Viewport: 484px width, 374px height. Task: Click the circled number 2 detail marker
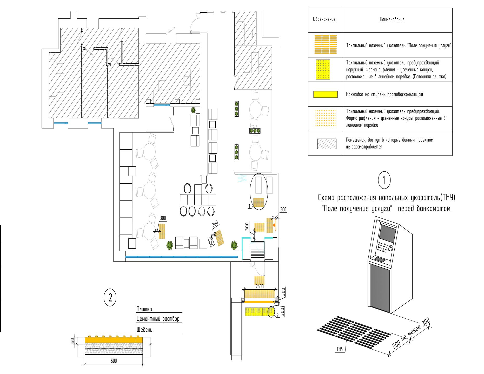[110, 297]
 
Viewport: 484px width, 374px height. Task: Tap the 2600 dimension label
[260, 286]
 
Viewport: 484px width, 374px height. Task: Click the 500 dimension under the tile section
[114, 361]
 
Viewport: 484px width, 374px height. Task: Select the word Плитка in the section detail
[144, 309]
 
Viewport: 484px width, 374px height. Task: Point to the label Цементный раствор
[158, 319]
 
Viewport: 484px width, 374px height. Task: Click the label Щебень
[144, 330]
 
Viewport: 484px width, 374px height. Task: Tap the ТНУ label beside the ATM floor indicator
[340, 349]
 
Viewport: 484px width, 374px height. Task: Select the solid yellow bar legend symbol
[325, 95]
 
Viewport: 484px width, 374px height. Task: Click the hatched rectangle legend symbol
[327, 144]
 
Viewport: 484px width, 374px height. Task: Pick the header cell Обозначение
[324, 19]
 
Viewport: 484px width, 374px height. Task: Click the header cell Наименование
[392, 19]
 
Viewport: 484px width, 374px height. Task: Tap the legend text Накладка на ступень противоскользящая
[384, 95]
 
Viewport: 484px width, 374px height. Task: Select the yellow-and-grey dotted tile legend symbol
[323, 69]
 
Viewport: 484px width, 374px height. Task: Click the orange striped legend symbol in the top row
[325, 44]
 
